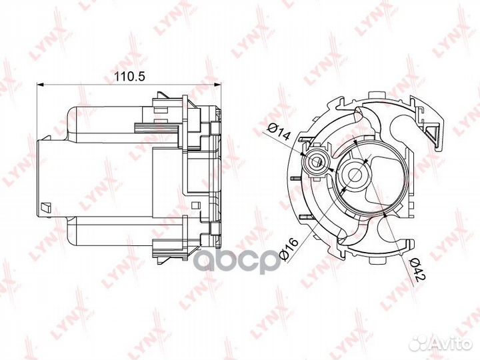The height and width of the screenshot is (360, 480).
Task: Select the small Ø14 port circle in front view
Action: coord(316,161)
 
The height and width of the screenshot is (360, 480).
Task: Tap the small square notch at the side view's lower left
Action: coord(45,206)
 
